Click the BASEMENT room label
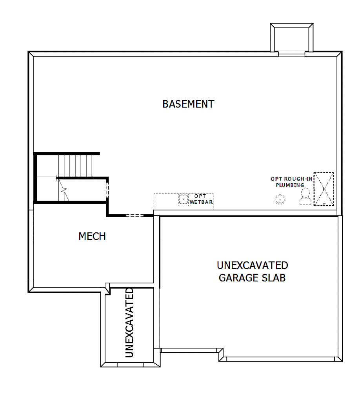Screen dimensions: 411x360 coord(188,104)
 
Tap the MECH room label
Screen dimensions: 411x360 coord(92,236)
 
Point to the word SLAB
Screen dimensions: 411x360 coord(274,278)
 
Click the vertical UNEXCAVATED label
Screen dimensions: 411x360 coord(129,323)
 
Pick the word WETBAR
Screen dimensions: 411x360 coord(201,202)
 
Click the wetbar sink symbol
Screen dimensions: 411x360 coord(183,199)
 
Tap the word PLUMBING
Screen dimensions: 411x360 coord(290,185)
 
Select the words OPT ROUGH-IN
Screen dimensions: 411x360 coord(292,179)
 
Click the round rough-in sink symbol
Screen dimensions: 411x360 coord(280,199)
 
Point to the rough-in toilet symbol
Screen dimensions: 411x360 coord(305,196)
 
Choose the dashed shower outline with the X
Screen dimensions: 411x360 coord(324,189)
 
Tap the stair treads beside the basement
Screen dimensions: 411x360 coord(76,165)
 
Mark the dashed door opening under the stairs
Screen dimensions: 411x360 coord(107,191)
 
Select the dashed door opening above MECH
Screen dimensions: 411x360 coord(135,215)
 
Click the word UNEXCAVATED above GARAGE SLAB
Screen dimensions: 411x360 coord(252,265)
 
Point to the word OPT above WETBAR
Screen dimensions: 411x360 coord(200,196)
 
